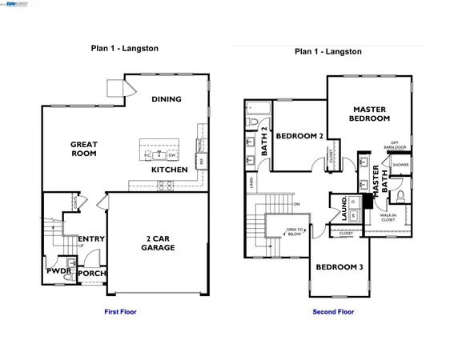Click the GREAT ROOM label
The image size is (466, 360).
point(83,149)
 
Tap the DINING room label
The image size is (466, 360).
point(167,99)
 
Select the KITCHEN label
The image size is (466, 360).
point(170,170)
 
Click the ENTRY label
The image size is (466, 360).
point(90,238)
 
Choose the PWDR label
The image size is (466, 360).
point(58,272)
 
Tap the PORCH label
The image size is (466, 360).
point(92,273)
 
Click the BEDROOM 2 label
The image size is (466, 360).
point(299,136)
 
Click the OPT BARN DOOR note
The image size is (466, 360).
point(388,146)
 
